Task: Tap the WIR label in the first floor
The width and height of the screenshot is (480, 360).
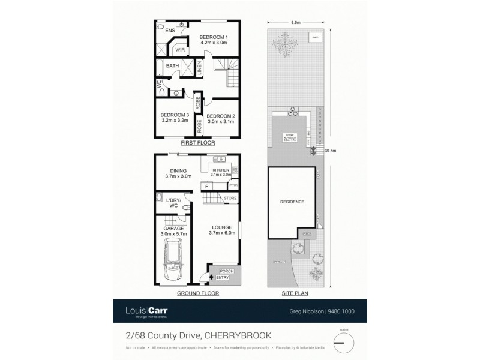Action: coord(179,50)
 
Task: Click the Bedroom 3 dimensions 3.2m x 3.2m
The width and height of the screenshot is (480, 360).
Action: coord(175,121)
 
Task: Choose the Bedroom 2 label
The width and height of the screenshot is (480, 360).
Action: coord(220,116)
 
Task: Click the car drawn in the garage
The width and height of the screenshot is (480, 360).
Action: coord(173,259)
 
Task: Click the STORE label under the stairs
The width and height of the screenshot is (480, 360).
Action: coord(230,197)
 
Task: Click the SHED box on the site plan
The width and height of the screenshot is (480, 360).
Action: coord(315,38)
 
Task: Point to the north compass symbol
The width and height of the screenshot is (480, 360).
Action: coord(343,343)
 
